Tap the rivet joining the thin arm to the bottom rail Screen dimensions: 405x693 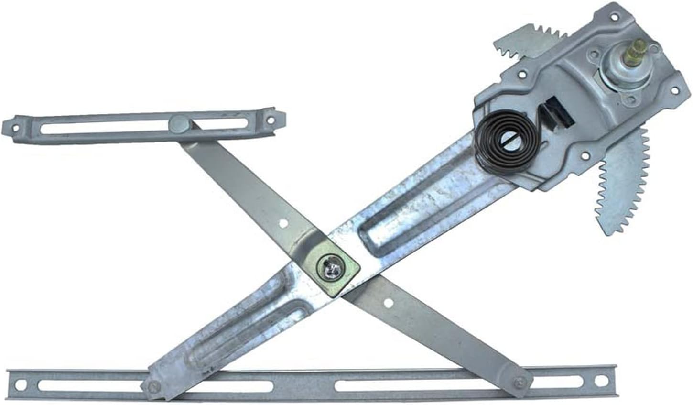click(x=520, y=382)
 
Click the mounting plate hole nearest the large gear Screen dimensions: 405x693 click(x=584, y=155)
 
